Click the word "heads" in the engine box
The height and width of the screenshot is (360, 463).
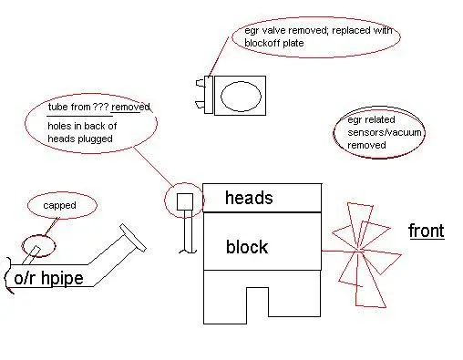pyautogui.click(x=249, y=198)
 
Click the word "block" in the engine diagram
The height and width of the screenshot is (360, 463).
pyautogui.click(x=247, y=246)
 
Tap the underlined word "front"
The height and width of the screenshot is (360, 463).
pyautogui.click(x=427, y=231)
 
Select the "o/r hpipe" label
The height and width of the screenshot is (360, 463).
pyautogui.click(x=48, y=278)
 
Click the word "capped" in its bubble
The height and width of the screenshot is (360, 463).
pyautogui.click(x=59, y=205)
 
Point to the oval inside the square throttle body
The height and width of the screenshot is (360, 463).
pyautogui.click(x=241, y=96)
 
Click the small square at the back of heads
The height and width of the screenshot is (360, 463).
pyautogui.click(x=185, y=201)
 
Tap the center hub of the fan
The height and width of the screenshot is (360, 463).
pyautogui.click(x=358, y=252)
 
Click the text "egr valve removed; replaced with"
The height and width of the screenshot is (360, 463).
pyautogui.click(x=318, y=30)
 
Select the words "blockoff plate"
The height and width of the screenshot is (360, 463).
pyautogui.click(x=274, y=43)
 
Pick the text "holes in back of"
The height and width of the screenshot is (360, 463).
pyautogui.click(x=82, y=126)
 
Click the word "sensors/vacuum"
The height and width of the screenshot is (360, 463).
pyautogui.click(x=385, y=132)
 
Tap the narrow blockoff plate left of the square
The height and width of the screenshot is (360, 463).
pyautogui.click(x=209, y=95)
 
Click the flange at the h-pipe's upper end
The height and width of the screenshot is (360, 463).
pyautogui.click(x=133, y=238)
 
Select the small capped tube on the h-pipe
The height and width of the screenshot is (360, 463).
pyautogui.click(x=31, y=254)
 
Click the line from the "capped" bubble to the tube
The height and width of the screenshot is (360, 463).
pyautogui.click(x=51, y=226)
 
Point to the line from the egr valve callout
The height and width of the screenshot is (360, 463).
pyautogui.click(x=219, y=57)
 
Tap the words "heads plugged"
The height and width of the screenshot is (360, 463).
pyautogui.click(x=80, y=139)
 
